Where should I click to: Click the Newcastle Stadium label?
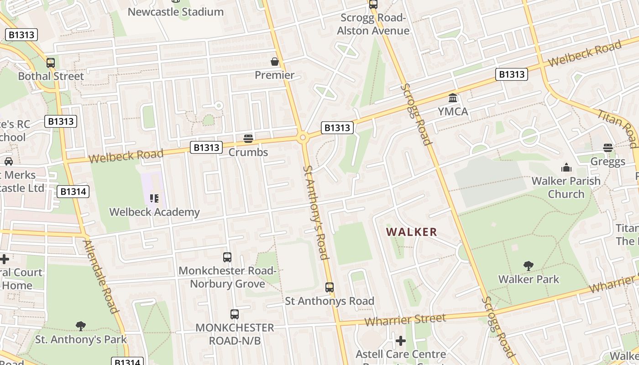176,12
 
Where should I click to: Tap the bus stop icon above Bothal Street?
51,63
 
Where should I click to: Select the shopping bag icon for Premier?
275,62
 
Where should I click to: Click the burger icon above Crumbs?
248,138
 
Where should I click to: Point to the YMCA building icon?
453,98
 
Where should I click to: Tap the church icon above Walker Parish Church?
566,167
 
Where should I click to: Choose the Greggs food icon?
608,148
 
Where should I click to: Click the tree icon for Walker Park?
529,266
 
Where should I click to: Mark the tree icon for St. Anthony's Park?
81,326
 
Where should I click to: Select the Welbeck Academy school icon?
154,198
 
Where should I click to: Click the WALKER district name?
412,232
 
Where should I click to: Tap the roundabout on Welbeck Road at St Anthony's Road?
302,137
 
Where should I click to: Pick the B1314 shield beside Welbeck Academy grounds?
73,192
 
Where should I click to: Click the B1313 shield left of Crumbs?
206,147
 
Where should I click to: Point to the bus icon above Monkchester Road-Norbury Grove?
227,257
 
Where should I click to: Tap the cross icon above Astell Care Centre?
401,341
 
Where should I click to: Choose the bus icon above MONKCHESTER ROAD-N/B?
235,314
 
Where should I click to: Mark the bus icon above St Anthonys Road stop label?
330,287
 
